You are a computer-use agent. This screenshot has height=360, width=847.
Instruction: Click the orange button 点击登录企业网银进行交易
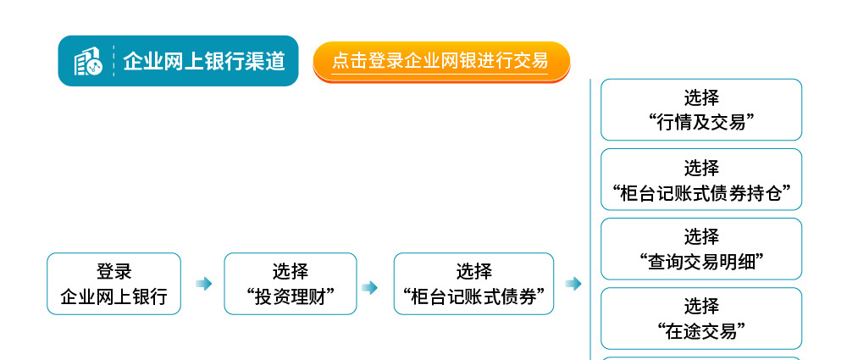(x=441, y=62)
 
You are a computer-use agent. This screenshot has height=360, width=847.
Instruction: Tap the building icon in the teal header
(x=88, y=61)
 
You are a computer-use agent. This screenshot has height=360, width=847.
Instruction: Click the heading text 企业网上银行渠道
(x=204, y=61)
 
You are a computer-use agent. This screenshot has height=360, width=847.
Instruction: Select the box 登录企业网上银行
(x=114, y=284)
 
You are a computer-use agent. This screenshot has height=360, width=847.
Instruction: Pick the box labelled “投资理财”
(x=291, y=284)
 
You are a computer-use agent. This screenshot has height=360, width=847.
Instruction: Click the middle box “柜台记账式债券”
(x=473, y=284)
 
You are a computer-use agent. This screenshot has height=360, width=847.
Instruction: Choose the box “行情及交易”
(x=701, y=110)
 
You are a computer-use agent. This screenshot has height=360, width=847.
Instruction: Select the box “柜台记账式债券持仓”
(x=701, y=180)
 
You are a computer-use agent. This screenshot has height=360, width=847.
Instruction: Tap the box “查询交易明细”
(x=701, y=249)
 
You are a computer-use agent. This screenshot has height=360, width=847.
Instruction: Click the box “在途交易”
(x=701, y=318)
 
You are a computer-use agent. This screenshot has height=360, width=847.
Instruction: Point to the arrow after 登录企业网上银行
(x=203, y=284)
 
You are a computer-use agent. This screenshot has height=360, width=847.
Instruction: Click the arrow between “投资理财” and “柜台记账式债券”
(x=369, y=287)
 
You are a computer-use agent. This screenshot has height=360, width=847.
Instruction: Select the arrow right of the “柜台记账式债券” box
(x=573, y=284)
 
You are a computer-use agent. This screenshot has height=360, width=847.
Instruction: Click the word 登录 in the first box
(x=114, y=271)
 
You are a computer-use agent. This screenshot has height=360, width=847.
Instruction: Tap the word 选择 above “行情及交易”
(x=701, y=98)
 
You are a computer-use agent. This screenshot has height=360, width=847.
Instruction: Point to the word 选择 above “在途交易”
(x=701, y=307)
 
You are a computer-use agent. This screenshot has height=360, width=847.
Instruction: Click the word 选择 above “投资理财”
(x=291, y=271)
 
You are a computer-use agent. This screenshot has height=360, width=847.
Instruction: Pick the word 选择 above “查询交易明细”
(x=701, y=237)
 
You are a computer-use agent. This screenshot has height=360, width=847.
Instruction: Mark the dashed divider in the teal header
(x=113, y=61)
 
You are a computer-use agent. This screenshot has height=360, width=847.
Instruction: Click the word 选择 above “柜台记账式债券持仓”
(x=701, y=168)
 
